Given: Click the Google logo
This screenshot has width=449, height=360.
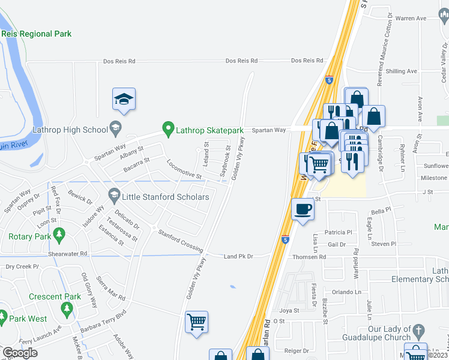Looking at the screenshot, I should tap(20, 353).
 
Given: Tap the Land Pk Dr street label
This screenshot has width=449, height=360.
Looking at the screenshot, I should tap(238, 257).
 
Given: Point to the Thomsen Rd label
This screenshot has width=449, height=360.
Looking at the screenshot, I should tap(309, 257).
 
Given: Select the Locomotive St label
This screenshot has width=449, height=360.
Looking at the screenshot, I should tap(184, 168).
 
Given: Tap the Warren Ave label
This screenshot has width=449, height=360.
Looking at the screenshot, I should tap(411, 19).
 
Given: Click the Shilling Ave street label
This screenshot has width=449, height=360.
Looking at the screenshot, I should tap(402, 71).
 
